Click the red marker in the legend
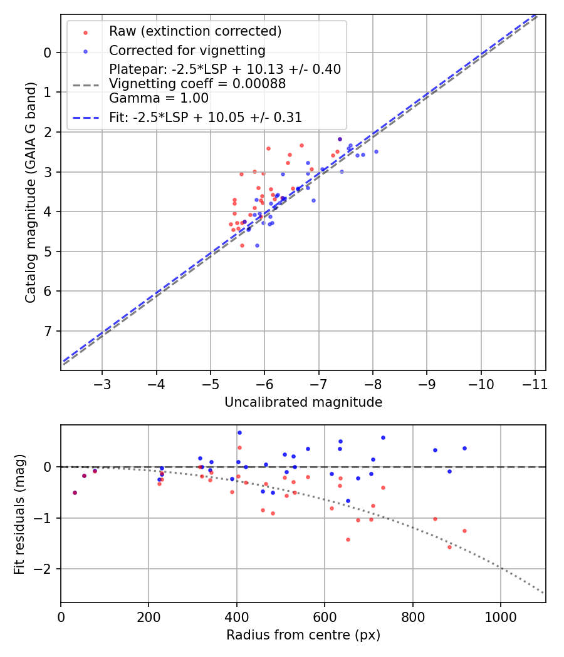click(85, 32)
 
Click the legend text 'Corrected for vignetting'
click(187, 50)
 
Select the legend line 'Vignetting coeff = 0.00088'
click(197, 84)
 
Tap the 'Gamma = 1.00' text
click(159, 98)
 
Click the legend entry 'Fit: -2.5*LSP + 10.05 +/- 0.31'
click(206, 117)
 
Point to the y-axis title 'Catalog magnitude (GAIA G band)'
click(31, 193)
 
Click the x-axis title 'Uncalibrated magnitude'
click(303, 402)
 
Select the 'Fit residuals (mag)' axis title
click(19, 514)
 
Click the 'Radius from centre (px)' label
click(303, 634)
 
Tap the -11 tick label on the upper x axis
click(535, 383)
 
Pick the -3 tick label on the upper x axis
click(102, 383)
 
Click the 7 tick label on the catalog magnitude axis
click(48, 331)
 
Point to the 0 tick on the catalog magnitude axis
click(48, 53)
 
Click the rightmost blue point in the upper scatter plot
click(376, 151)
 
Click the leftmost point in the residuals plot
click(75, 492)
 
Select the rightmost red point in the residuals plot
click(464, 531)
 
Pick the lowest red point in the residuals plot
click(449, 547)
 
